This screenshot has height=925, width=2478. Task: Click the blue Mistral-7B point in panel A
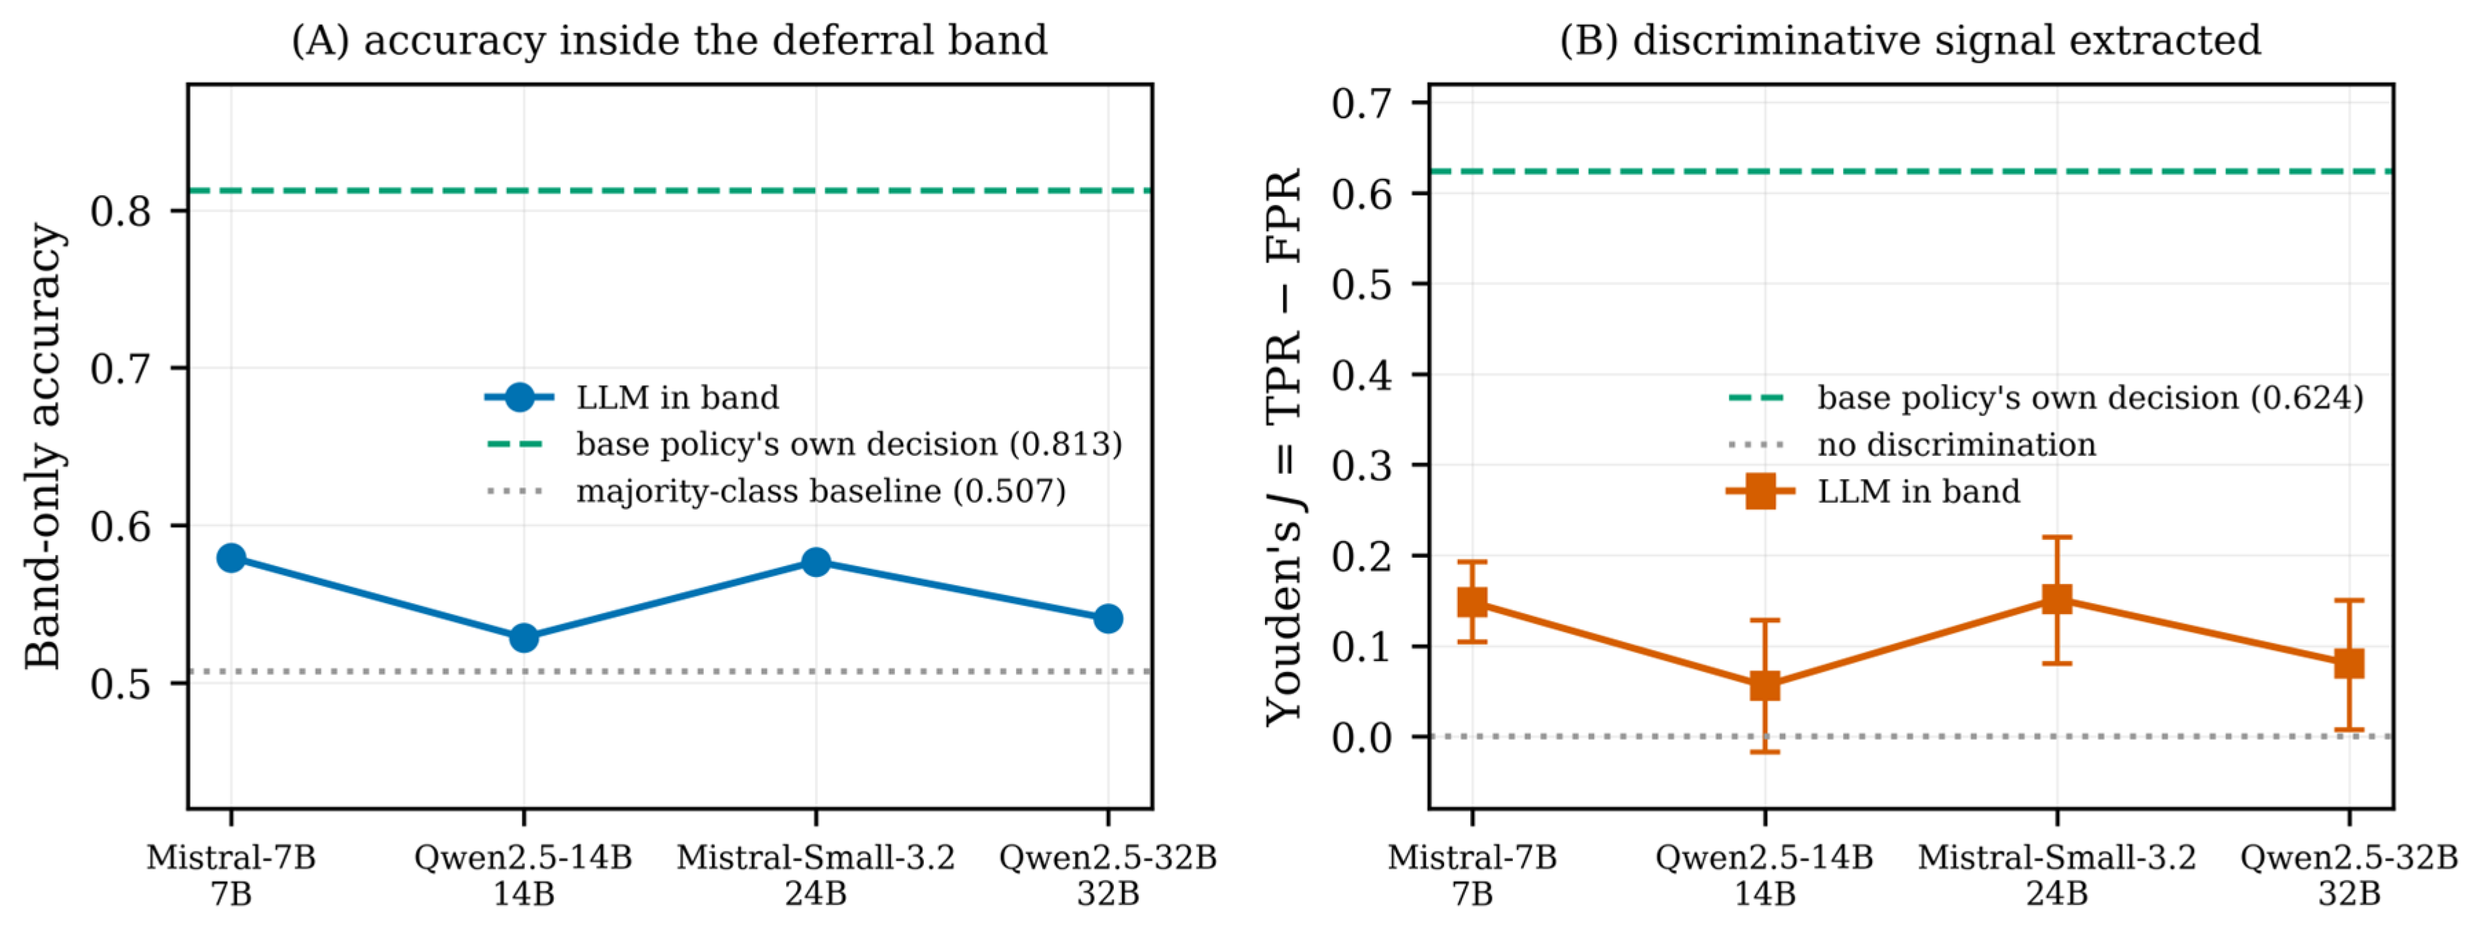click(x=231, y=558)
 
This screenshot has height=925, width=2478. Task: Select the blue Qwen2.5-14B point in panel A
click(x=524, y=638)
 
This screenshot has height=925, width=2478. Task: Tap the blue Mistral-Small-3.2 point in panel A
click(x=816, y=562)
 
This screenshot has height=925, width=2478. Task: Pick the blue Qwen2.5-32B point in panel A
click(x=1108, y=618)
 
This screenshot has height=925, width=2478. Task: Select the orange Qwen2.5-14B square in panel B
click(x=1764, y=686)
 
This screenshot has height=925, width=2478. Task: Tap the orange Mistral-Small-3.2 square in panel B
click(x=2057, y=599)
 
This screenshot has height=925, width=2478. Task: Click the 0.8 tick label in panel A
click(x=121, y=210)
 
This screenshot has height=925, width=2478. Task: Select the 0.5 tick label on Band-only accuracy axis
click(x=121, y=684)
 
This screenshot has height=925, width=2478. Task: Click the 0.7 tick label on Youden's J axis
click(x=1362, y=103)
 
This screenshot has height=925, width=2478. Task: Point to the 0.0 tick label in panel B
click(x=1362, y=737)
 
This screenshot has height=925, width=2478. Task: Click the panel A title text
click(x=669, y=41)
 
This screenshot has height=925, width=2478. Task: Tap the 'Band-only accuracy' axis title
click(x=43, y=446)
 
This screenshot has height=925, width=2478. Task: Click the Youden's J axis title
click(x=1283, y=446)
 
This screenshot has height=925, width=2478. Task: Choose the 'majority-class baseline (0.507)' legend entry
click(x=777, y=491)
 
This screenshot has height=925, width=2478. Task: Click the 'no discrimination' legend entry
click(x=1913, y=444)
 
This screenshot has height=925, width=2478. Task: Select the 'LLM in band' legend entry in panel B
click(x=1874, y=491)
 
